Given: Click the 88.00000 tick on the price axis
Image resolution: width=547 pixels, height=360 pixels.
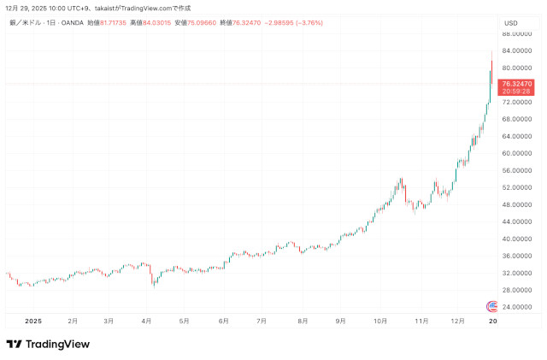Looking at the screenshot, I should (518, 33).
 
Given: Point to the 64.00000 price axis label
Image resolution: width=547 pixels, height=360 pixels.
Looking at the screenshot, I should (518, 136).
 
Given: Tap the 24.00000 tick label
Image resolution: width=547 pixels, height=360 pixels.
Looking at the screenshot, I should (518, 307).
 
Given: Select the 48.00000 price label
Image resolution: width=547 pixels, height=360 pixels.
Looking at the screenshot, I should (518, 204).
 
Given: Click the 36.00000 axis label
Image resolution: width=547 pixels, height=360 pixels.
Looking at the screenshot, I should (518, 256).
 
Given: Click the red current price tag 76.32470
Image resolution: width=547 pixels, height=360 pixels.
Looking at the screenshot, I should (517, 84).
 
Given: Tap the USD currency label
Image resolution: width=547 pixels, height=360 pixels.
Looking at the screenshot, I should (511, 22).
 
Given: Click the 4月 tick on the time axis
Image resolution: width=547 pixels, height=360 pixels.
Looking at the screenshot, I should (146, 321).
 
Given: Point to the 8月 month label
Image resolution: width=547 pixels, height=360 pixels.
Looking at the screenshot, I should (303, 321).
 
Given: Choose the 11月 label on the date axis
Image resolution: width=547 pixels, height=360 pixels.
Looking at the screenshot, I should (421, 321).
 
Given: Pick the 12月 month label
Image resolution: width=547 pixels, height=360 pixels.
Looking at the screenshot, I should (458, 321).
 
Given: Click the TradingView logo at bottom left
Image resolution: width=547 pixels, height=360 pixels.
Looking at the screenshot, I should (48, 344).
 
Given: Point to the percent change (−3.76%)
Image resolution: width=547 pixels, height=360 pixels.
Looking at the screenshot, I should (307, 22).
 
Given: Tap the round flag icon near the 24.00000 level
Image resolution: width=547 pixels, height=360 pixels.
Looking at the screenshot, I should (491, 306).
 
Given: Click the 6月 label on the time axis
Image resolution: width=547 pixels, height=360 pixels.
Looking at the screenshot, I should (223, 321).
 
